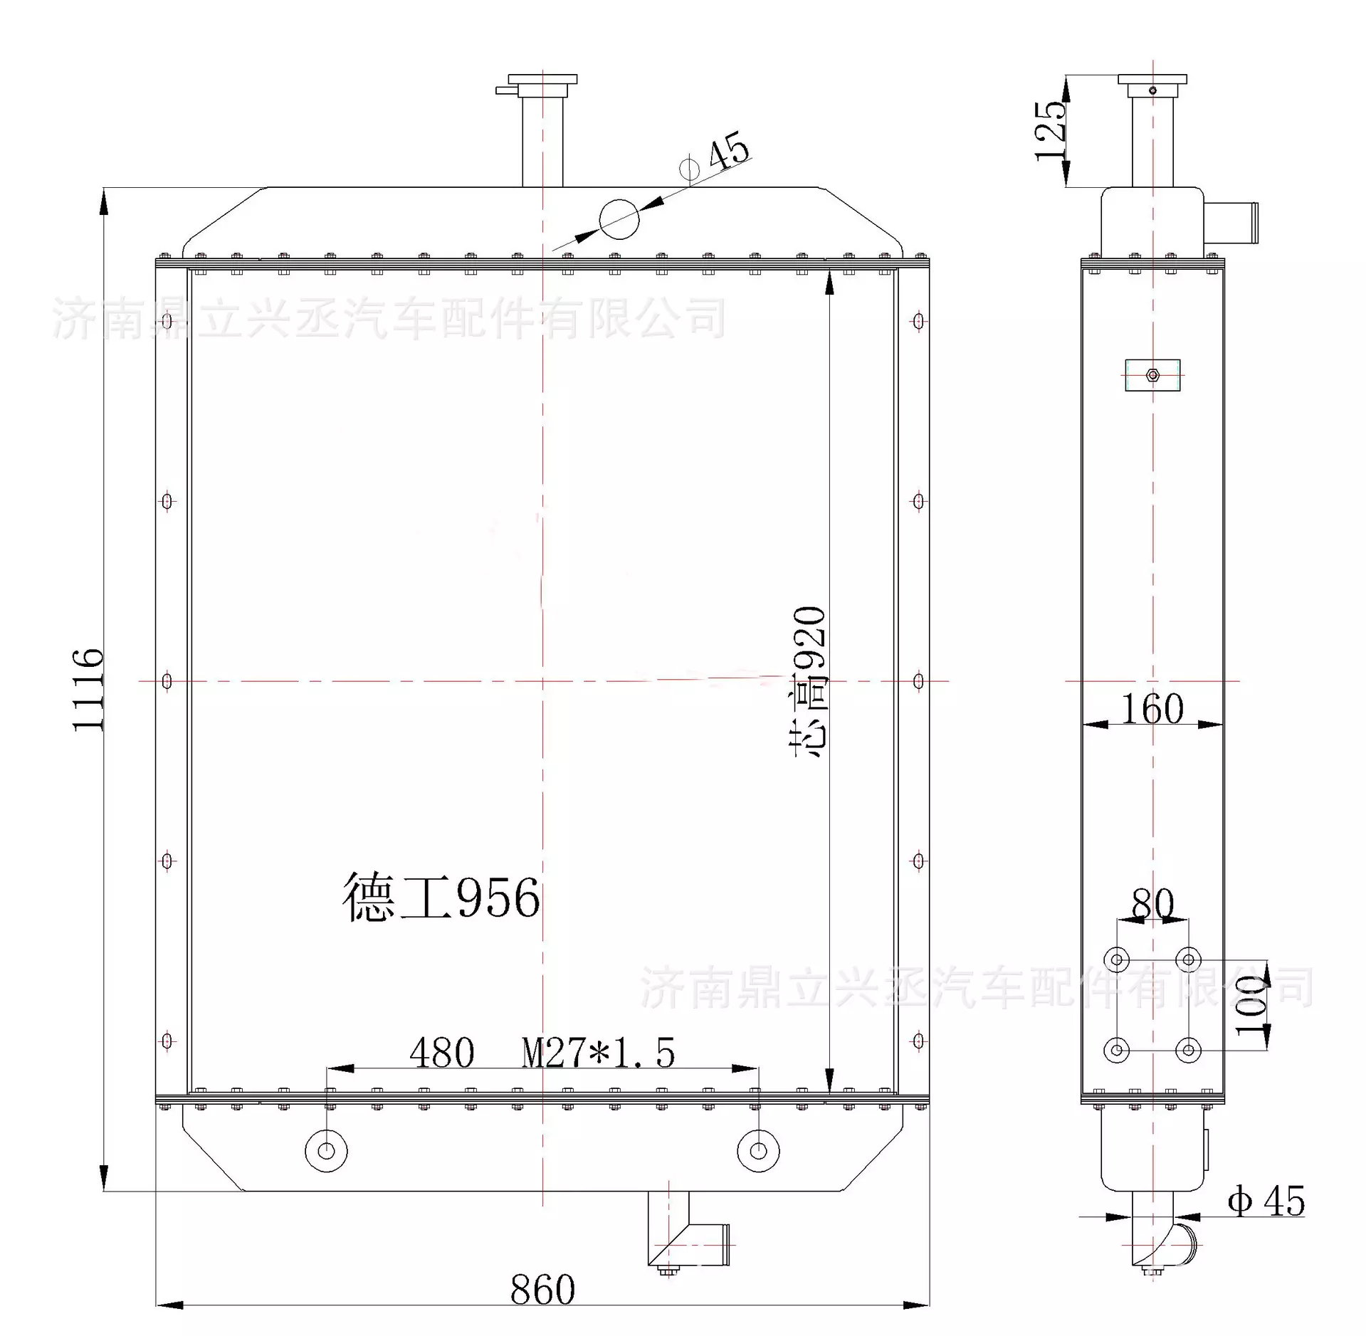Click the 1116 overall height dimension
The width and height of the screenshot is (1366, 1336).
pos(88,689)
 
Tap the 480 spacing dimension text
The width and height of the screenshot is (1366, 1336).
pos(441,1053)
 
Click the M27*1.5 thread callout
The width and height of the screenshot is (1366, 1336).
pos(598,1053)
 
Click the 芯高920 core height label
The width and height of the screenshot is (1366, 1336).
pos(810,681)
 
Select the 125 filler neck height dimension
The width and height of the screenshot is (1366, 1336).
pos(1051,131)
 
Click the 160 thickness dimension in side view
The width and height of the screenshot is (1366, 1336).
pos(1152,708)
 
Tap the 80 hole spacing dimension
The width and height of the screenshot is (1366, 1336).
pos(1152,904)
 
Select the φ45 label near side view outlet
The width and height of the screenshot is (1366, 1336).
pos(1266,1201)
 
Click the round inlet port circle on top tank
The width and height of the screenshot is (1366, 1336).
pos(619,219)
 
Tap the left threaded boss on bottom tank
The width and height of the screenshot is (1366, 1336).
pos(327,1151)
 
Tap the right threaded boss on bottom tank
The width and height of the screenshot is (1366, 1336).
pos(758,1151)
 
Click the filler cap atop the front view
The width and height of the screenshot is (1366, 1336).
pos(542,85)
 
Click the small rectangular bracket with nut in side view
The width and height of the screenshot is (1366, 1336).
pos(1152,375)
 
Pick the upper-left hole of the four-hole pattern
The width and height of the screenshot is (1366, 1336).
pos(1116,960)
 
